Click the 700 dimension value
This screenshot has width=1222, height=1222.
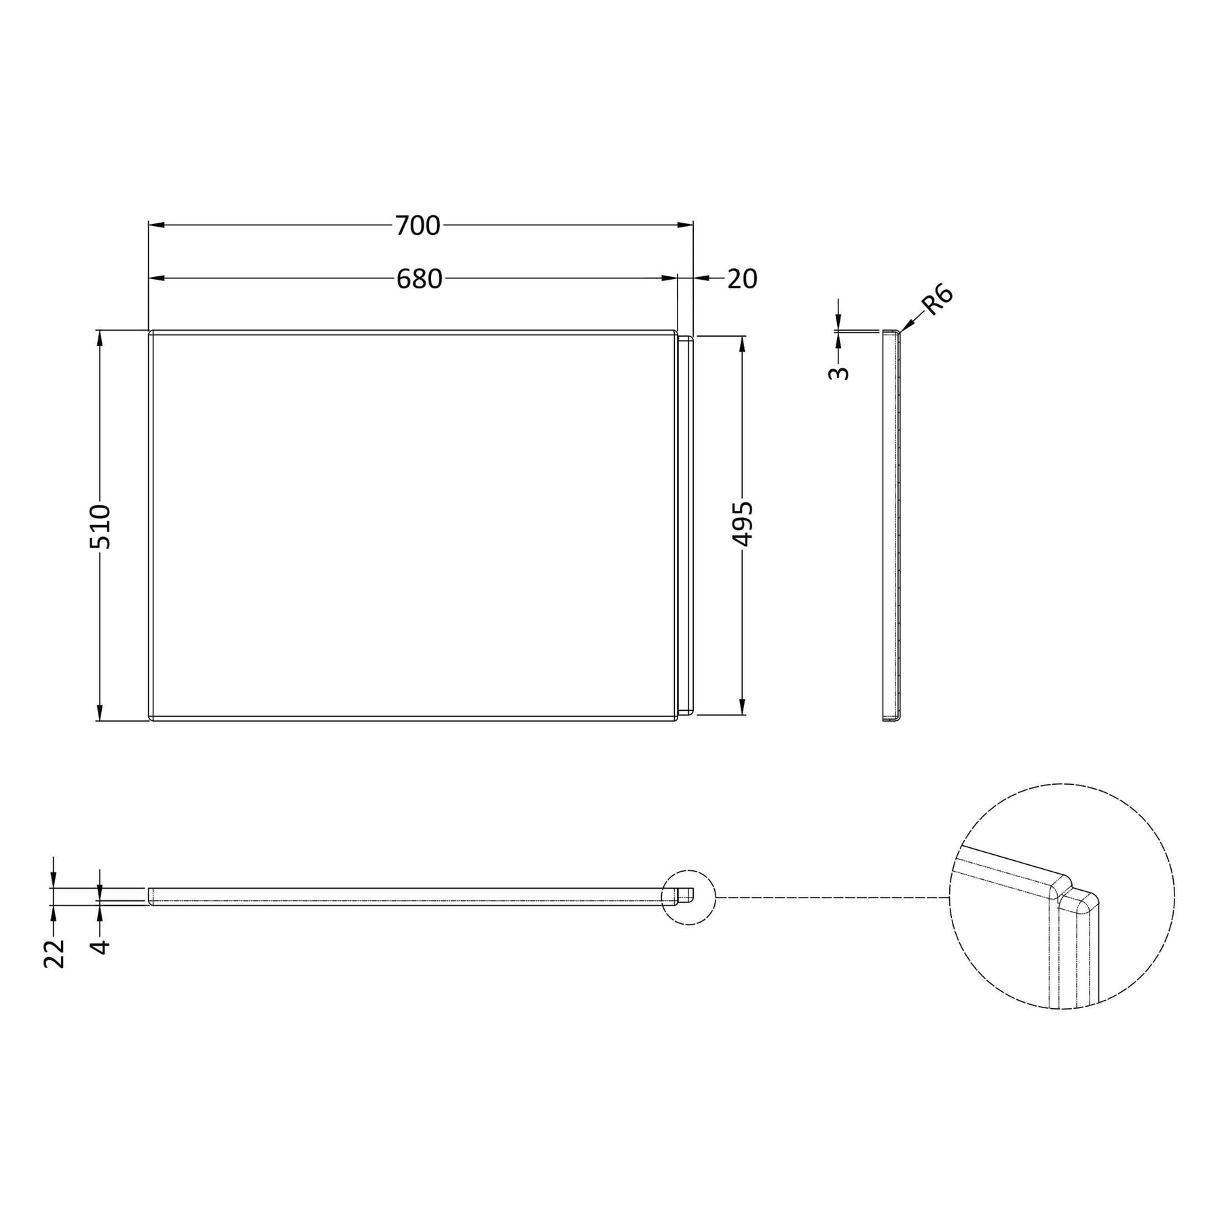tap(418, 225)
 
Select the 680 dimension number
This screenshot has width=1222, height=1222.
tap(419, 278)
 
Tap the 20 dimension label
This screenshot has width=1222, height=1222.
tap(742, 278)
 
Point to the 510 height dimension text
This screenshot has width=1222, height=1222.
tap(100, 526)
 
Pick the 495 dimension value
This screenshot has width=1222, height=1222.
tap(743, 523)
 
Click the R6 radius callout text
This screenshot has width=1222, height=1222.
tap(940, 300)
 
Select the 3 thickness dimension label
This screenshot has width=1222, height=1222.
tap(839, 373)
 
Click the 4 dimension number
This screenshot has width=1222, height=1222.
tap(100, 946)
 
